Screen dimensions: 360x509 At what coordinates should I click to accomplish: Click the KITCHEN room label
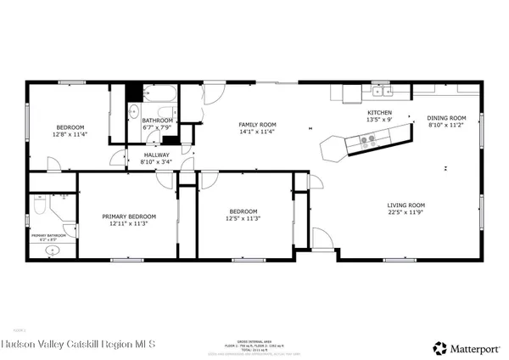(379, 112)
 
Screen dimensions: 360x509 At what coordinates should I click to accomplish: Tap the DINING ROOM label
(446, 118)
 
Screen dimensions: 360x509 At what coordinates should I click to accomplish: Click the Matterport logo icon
(439, 346)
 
